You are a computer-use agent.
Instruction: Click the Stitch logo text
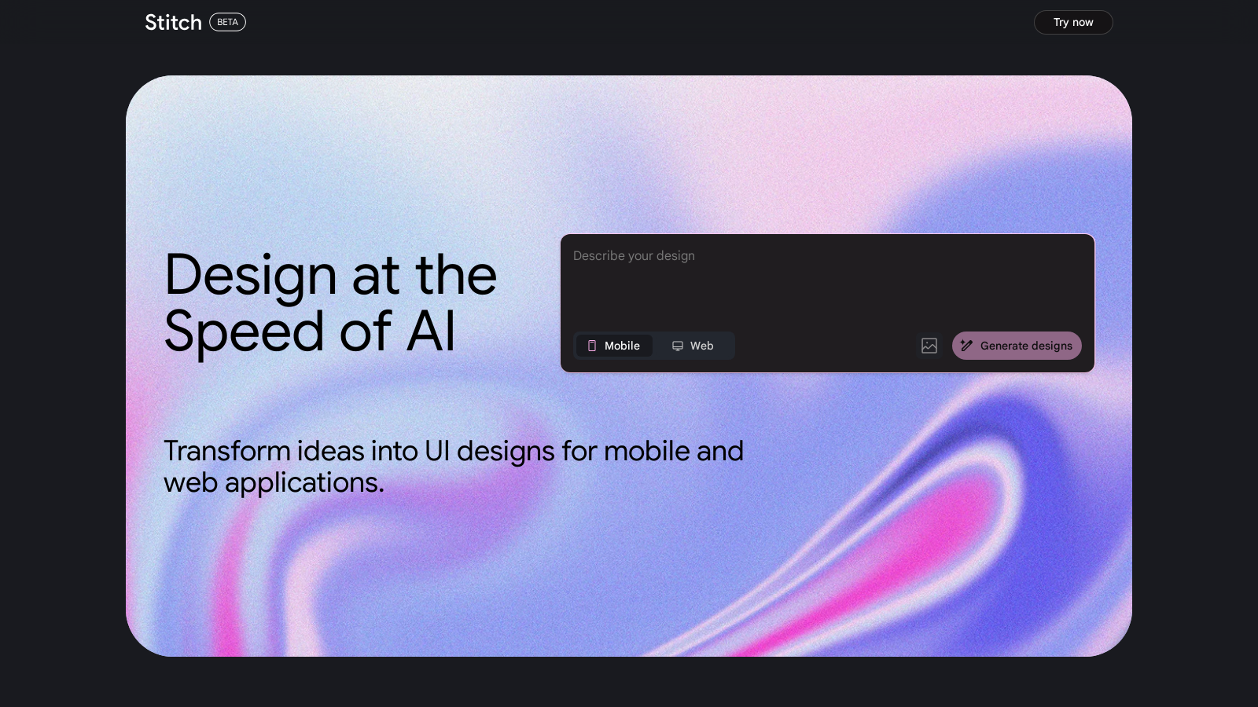tap(173, 23)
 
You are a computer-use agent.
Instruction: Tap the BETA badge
tap(227, 22)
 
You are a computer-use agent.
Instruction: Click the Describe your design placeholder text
tap(634, 256)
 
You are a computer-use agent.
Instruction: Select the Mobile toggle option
tap(614, 346)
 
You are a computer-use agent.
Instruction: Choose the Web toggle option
tap(693, 346)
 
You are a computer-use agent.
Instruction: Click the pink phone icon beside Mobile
tap(592, 346)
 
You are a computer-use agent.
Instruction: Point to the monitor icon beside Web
tap(678, 346)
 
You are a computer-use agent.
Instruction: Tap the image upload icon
tap(929, 346)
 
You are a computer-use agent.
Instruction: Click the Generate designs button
tap(1017, 346)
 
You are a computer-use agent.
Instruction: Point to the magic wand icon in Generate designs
tap(966, 346)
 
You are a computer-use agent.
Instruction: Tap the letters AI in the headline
tap(430, 331)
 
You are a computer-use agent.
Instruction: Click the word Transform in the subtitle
tap(227, 451)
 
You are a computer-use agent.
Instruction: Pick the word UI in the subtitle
tap(437, 451)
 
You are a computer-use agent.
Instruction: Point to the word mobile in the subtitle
tap(646, 451)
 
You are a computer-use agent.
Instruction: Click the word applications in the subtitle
tap(304, 483)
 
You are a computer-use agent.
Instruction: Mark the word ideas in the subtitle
tap(331, 451)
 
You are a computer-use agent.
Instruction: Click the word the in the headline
tap(456, 274)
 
